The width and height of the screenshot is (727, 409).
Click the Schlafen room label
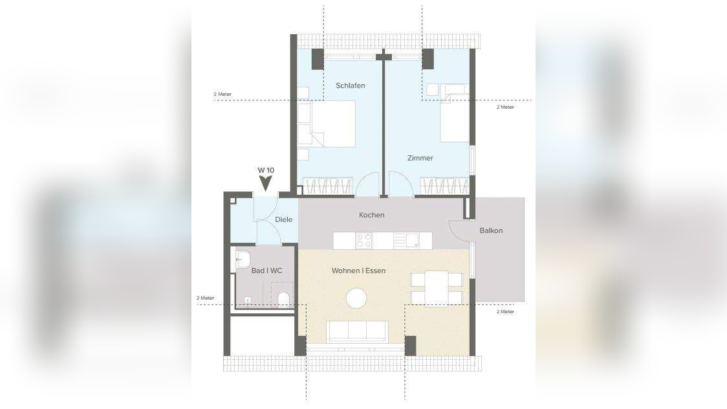pyautogui.click(x=350, y=85)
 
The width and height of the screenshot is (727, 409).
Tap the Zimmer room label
pyautogui.click(x=420, y=158)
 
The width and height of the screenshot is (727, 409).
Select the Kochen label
pyautogui.click(x=371, y=215)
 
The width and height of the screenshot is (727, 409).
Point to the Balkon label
pyautogui.click(x=490, y=230)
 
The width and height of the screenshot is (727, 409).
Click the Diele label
pyautogui.click(x=283, y=219)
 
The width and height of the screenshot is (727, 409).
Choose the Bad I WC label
pyautogui.click(x=266, y=271)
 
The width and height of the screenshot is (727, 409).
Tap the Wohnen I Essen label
pyautogui.click(x=358, y=271)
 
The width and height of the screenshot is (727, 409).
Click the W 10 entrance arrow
pyautogui.click(x=265, y=184)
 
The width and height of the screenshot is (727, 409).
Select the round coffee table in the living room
pyautogui.click(x=356, y=298)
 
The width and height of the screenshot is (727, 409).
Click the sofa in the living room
pyautogui.click(x=358, y=331)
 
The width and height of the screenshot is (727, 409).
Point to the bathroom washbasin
pyautogui.click(x=243, y=260)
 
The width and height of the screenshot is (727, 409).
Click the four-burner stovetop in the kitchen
pyautogui.click(x=364, y=241)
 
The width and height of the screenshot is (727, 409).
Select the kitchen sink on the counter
pyautogui.click(x=406, y=241)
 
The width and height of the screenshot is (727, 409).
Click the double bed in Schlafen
pyautogui.click(x=332, y=124)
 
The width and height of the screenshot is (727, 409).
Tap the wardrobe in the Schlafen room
pyautogui.click(x=327, y=186)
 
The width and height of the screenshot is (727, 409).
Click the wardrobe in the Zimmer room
pyautogui.click(x=444, y=186)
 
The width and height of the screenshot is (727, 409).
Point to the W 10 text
pyautogui.click(x=266, y=170)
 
